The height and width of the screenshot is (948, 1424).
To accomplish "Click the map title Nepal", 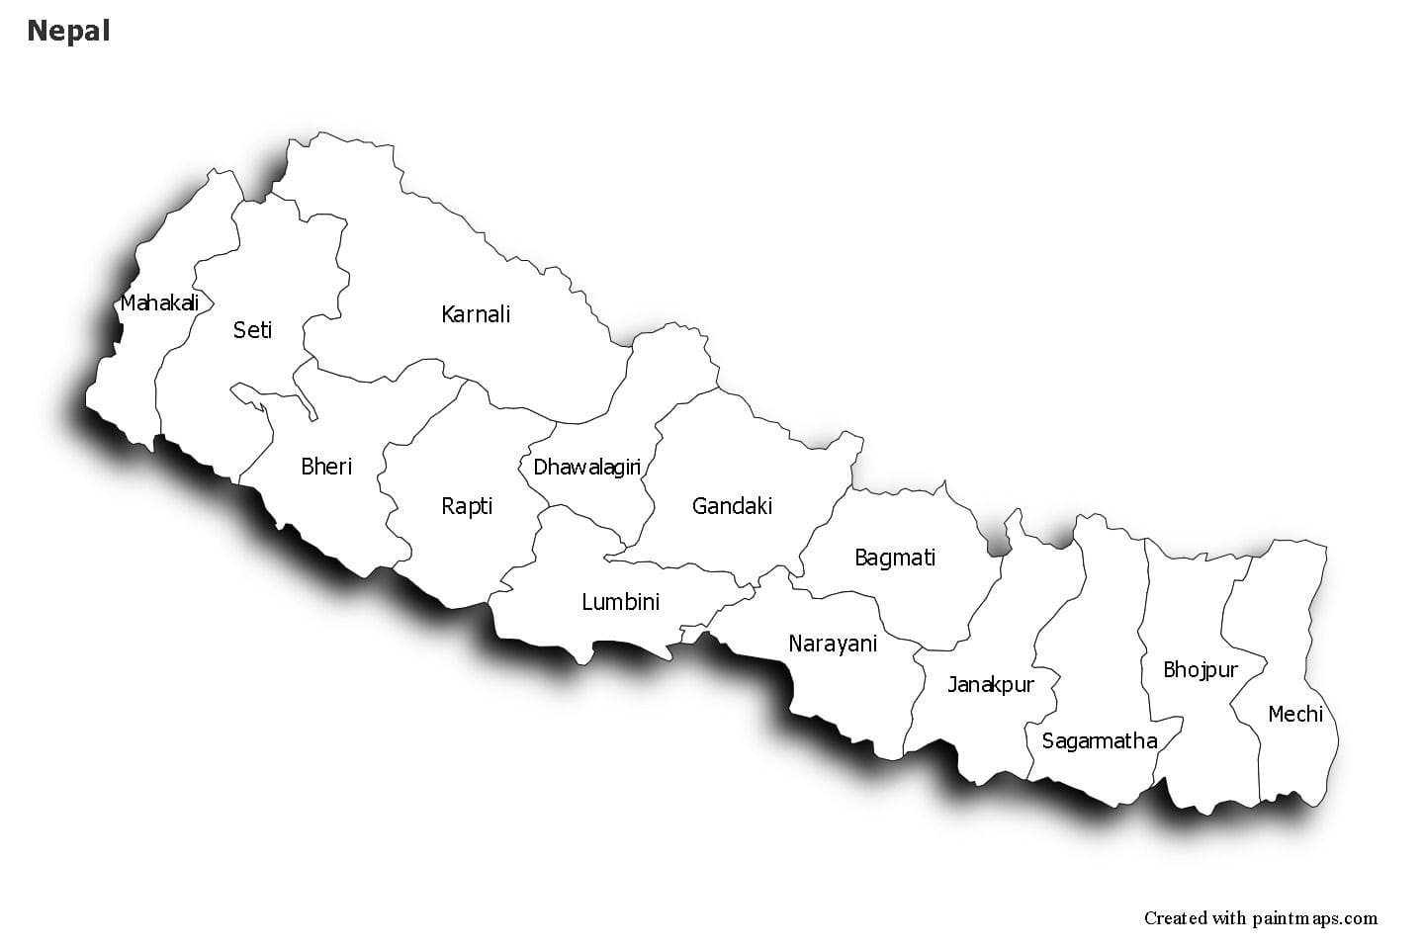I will click(x=68, y=31).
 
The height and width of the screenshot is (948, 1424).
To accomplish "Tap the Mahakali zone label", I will click(x=159, y=302).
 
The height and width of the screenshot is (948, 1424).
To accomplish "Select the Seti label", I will click(x=252, y=330).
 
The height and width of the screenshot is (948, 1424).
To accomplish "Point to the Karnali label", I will click(x=476, y=314).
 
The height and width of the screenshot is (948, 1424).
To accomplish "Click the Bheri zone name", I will click(x=326, y=466).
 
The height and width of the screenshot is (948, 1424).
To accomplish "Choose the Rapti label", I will click(x=467, y=506).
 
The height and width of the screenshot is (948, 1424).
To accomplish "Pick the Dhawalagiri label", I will click(x=587, y=467).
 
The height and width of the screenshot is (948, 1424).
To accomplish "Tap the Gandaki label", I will click(x=732, y=506).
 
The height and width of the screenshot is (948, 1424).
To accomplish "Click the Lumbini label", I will click(x=620, y=601).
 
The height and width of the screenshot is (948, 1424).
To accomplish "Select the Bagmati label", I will click(x=895, y=558).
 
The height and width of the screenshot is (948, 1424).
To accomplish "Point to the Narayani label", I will click(x=833, y=644).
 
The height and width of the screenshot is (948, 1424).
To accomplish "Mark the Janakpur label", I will click(x=991, y=684).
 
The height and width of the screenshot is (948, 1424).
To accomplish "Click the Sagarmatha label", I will click(x=1099, y=740).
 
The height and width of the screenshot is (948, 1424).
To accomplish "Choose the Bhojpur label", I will click(x=1201, y=670).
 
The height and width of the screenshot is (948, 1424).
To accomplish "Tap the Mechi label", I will click(x=1295, y=714).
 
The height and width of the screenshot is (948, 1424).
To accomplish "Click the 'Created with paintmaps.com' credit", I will click(x=1260, y=918).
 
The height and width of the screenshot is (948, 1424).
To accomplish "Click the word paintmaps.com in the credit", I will click(x=1317, y=918).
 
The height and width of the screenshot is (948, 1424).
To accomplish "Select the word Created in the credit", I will click(x=1175, y=918).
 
